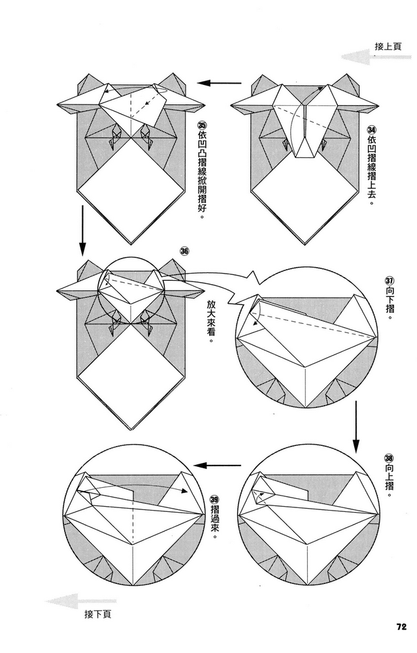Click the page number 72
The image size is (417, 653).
(401, 627)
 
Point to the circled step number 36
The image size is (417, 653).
(185, 251)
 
